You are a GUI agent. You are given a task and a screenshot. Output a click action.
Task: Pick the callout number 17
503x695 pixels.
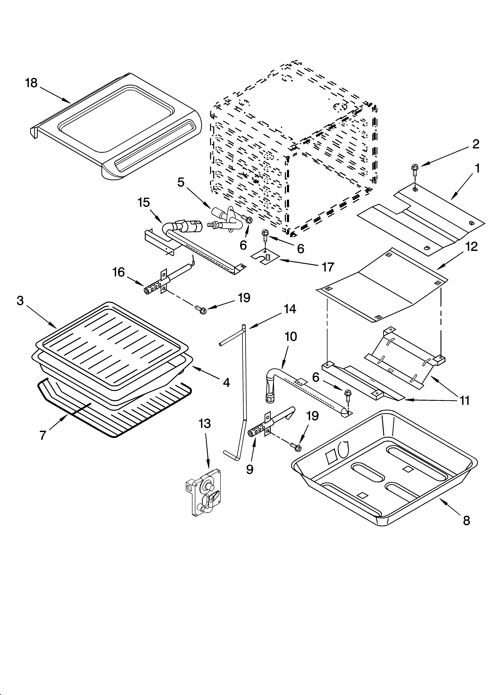(x=328, y=267)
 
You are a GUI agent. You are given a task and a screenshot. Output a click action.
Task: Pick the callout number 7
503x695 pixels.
(x=43, y=435)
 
